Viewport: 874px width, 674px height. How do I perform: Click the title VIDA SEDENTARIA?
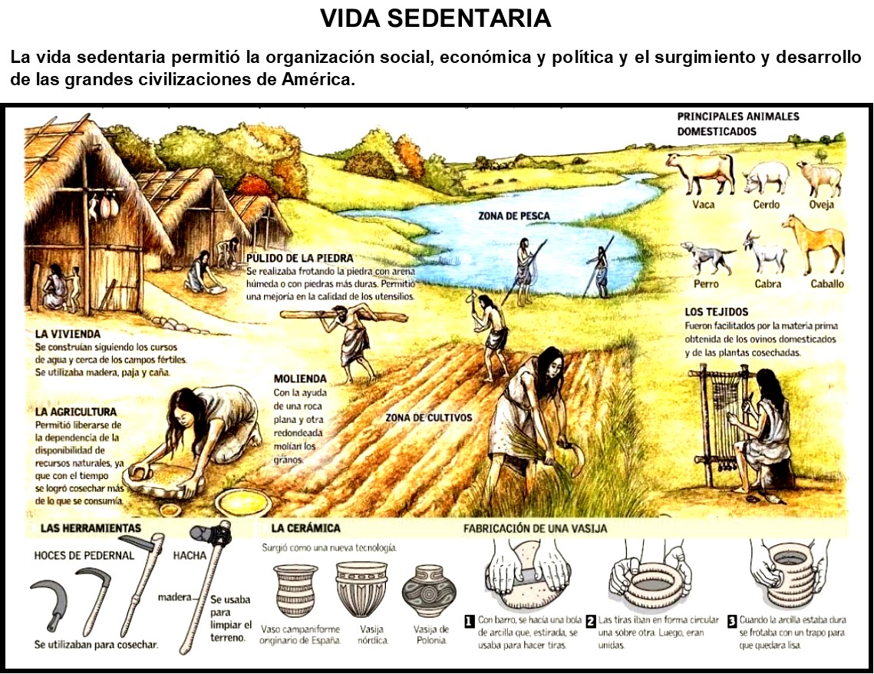[436, 18]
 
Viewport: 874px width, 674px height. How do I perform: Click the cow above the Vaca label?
[699, 173]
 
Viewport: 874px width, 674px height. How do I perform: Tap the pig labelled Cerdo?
[766, 178]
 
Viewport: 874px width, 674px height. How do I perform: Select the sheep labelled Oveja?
[818, 178]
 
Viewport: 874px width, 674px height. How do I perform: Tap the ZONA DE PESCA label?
[514, 216]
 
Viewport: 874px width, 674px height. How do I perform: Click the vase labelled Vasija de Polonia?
[429, 590]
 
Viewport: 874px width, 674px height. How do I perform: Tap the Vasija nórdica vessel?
[361, 588]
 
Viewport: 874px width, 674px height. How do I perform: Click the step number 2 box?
[590, 620]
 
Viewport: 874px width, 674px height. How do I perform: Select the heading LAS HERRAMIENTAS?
[90, 528]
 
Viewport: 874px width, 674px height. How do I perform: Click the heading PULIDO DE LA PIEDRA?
[300, 259]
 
